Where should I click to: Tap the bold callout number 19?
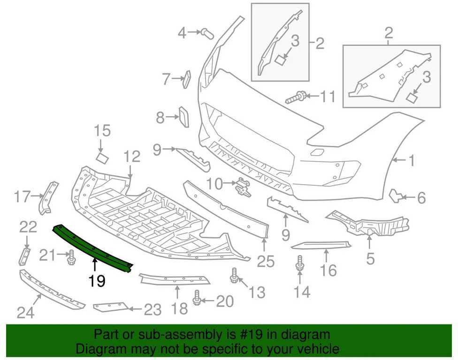pos(97,281)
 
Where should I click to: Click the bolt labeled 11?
pos(295,97)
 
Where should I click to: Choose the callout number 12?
pos(132,157)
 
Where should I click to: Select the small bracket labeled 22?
pos(24,256)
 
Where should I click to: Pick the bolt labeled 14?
pos(299,263)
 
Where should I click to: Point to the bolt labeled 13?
pos(234,275)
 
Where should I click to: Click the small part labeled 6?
pos(395,195)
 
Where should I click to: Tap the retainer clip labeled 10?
pos(243,187)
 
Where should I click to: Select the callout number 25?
pos(266,262)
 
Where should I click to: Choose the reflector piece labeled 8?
pos(184,117)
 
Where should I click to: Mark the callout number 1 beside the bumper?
pos(411,161)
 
